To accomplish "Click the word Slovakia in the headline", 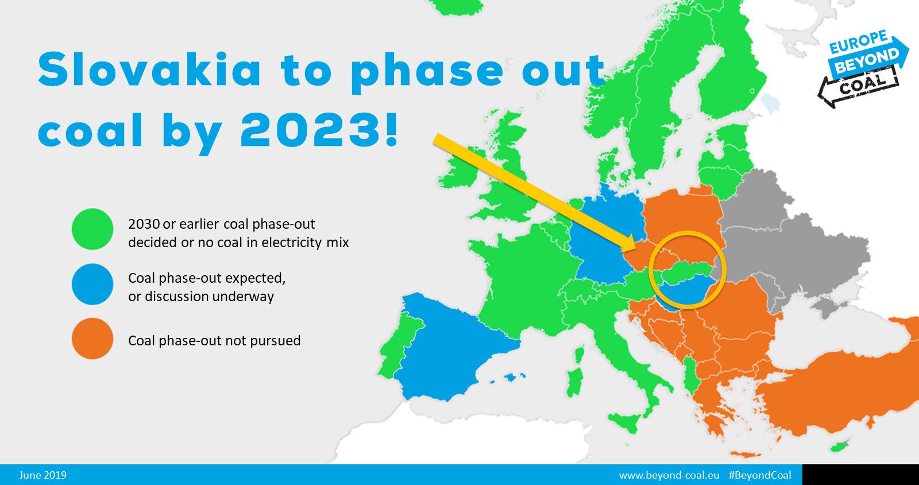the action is tap(149, 70).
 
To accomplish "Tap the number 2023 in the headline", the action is tap(310, 130).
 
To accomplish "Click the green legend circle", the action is tap(92, 229).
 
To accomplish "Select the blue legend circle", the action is tap(92, 284).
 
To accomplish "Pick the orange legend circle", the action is tap(92, 338).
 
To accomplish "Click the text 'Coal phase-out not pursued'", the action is tap(214, 341).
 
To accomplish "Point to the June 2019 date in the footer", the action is tap(43, 475).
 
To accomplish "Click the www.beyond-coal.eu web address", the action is tap(669, 475).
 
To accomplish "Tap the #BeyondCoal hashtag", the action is tap(760, 475).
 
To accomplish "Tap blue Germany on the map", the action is tap(603, 238).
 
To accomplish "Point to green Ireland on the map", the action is tap(460, 172).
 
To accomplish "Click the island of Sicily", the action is tap(624, 422).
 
